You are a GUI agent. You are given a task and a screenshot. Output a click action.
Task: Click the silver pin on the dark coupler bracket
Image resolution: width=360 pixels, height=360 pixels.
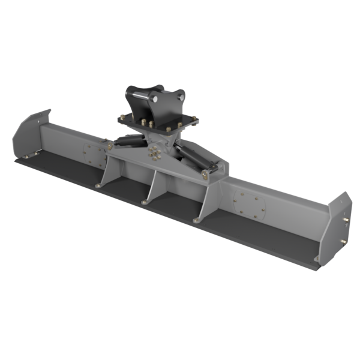point(142,94)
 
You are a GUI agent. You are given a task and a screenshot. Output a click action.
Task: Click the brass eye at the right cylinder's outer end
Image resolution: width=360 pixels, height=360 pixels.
point(205,173)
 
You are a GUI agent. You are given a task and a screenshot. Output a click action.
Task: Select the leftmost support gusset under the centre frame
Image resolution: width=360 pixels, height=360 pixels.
point(106,175)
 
